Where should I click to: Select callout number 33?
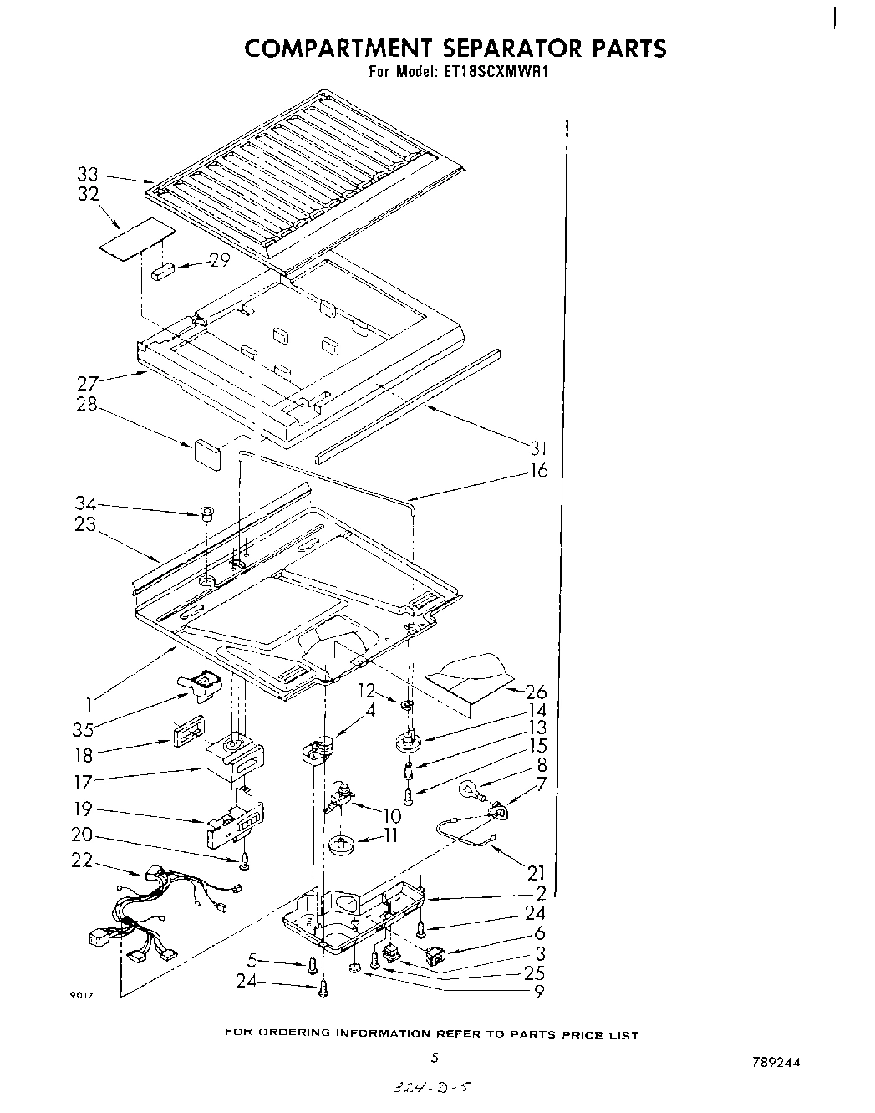tap(88, 175)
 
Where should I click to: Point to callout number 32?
tap(88, 194)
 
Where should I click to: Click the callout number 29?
tap(219, 260)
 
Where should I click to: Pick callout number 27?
tap(88, 385)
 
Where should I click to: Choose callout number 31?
tap(538, 448)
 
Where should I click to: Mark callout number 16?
tap(538, 471)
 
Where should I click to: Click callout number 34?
tap(84, 504)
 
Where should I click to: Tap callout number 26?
tap(536, 692)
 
